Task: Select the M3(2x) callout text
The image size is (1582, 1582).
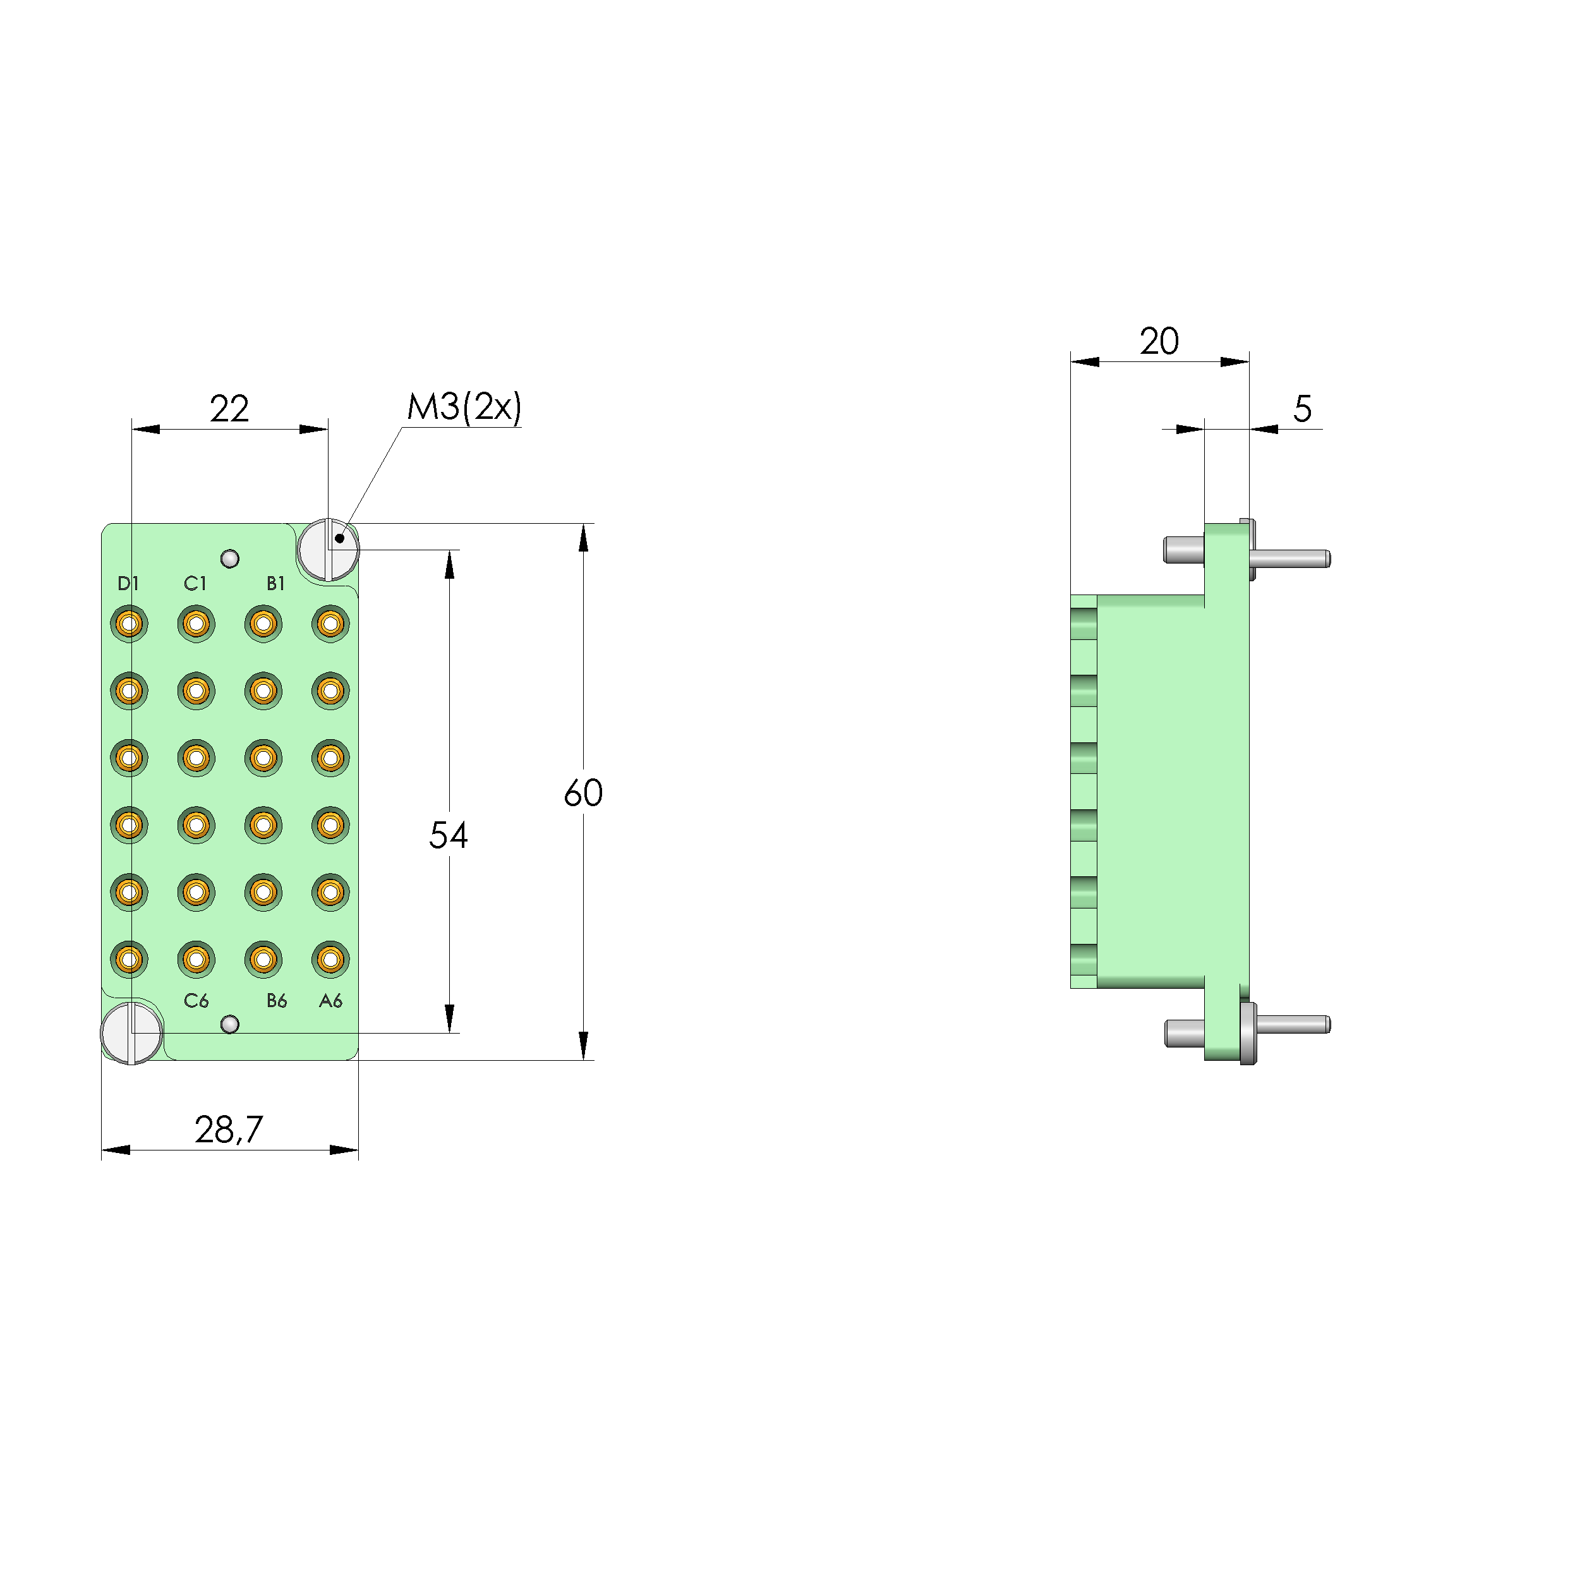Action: pyautogui.click(x=464, y=407)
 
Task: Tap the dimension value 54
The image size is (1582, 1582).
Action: pyautogui.click(x=448, y=835)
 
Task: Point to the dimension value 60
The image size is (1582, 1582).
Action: pyautogui.click(x=583, y=793)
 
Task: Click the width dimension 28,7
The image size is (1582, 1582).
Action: pyautogui.click(x=229, y=1130)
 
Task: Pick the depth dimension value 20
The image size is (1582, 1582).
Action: pyautogui.click(x=1159, y=341)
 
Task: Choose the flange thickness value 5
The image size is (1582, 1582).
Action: pyautogui.click(x=1302, y=409)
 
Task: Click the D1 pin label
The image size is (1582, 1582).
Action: pyautogui.click(x=128, y=583)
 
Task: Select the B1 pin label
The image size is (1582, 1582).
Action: pyautogui.click(x=276, y=583)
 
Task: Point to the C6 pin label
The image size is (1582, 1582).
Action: pyautogui.click(x=196, y=1001)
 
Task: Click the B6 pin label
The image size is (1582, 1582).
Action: pyautogui.click(x=277, y=1001)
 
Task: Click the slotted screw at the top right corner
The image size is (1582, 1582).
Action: pyautogui.click(x=329, y=550)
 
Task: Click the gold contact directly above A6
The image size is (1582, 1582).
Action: pyautogui.click(x=330, y=959)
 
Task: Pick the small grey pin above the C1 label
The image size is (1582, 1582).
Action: pyautogui.click(x=230, y=559)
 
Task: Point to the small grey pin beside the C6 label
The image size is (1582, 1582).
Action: pyautogui.click(x=230, y=1024)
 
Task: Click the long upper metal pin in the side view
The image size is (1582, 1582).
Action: pyautogui.click(x=1289, y=559)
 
